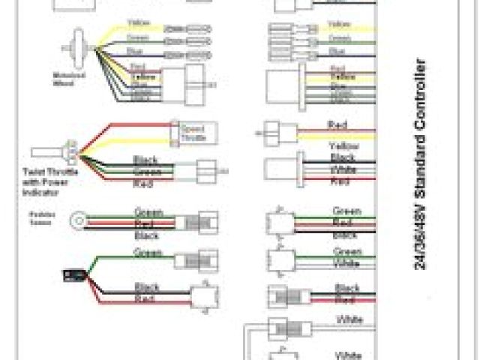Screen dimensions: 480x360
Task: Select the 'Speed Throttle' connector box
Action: pos(196,132)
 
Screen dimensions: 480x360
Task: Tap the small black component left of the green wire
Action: pos(73,275)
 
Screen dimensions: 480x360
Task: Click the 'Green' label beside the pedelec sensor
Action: pos(147,212)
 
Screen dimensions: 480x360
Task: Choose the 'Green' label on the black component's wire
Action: pos(147,253)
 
